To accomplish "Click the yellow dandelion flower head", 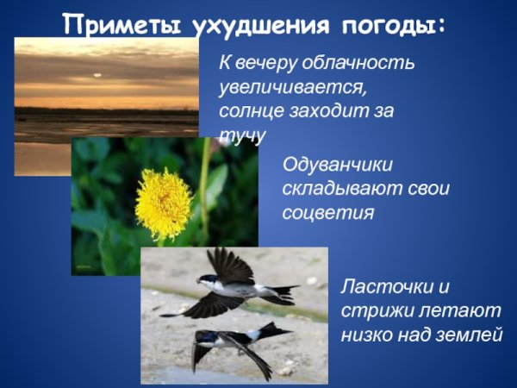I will pyautogui.click(x=163, y=203).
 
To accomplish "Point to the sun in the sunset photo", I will pyautogui.click(x=96, y=74).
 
